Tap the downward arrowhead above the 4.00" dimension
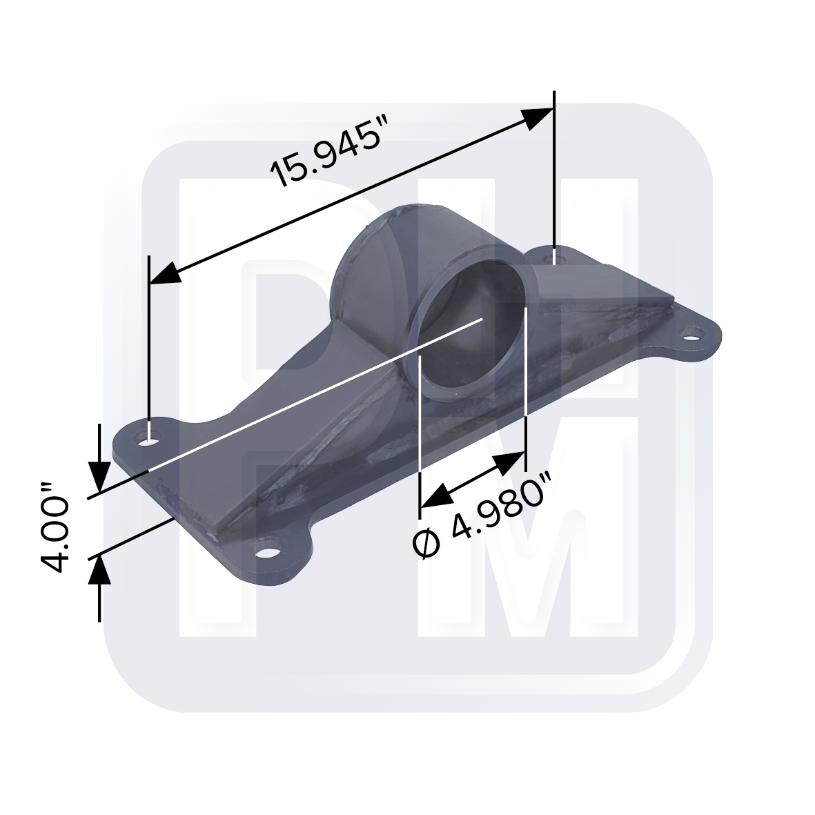[x=100, y=477]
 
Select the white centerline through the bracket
[x=311, y=397]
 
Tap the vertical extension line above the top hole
[x=554, y=173]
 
